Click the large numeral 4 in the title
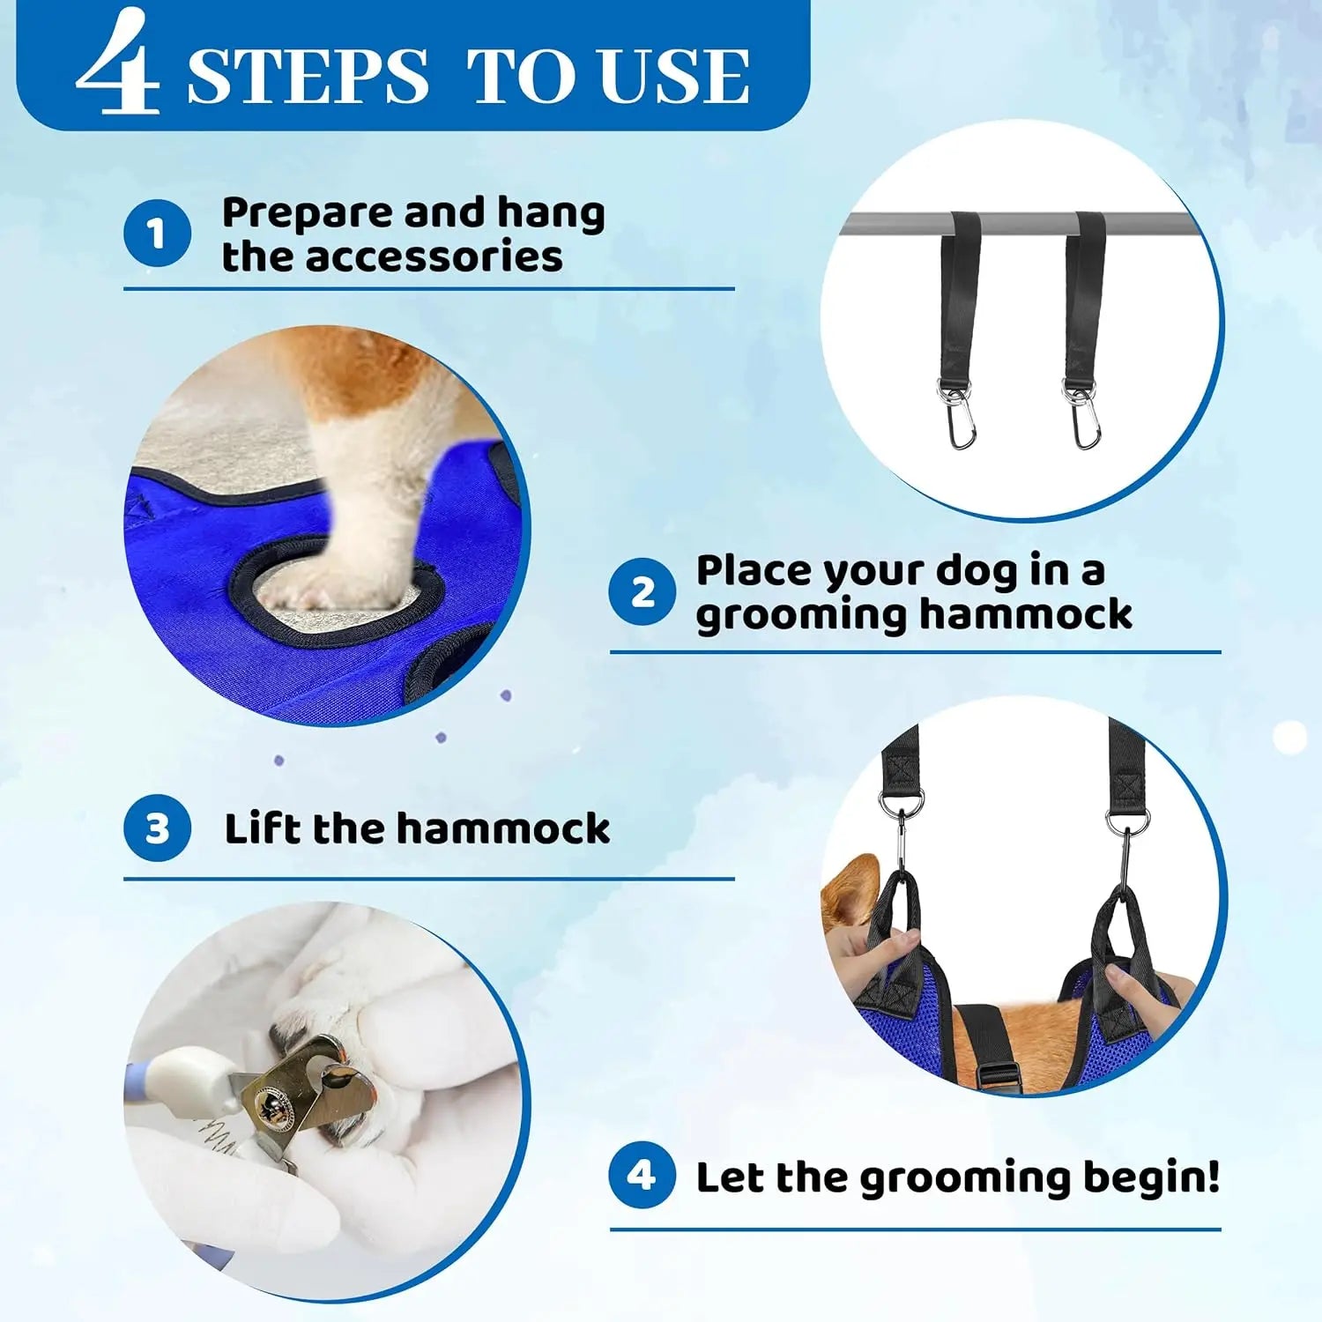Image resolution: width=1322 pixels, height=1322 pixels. click(119, 66)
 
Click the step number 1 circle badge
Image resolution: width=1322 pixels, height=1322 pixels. click(157, 234)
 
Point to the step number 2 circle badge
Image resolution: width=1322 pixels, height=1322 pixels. click(642, 591)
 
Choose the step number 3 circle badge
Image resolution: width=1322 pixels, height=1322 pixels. click(157, 828)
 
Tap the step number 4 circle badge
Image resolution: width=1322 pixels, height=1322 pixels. click(642, 1176)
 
